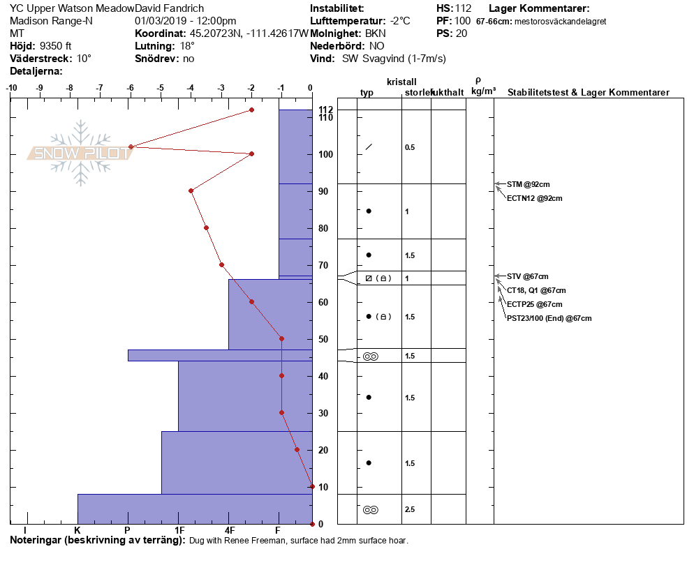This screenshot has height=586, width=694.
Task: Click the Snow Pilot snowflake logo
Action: point(81,153)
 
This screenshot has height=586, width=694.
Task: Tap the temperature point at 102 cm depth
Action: point(131,146)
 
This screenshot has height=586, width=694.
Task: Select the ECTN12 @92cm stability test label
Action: point(534,198)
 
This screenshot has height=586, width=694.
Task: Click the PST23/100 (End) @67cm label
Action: point(549,318)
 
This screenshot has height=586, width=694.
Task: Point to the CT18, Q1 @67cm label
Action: point(536,290)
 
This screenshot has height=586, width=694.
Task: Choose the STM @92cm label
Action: point(528,184)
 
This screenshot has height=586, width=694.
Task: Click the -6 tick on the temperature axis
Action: point(131,89)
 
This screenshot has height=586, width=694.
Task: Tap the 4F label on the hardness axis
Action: point(229,531)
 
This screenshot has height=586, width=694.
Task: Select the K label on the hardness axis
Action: point(77,531)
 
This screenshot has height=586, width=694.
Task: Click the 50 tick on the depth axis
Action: point(323,339)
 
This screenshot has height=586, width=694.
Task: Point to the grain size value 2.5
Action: point(410,510)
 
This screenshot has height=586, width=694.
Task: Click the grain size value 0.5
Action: point(410,147)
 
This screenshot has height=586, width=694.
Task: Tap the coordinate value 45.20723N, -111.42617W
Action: point(249,33)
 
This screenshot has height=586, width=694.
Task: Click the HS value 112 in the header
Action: point(462,8)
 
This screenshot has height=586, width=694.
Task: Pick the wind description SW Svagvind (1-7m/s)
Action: point(394,59)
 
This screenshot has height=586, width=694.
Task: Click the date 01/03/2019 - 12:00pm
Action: point(185,21)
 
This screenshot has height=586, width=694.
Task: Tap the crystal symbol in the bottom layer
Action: point(370,510)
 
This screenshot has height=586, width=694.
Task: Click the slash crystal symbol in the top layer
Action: point(369,147)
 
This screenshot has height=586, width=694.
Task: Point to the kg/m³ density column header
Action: point(483,91)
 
